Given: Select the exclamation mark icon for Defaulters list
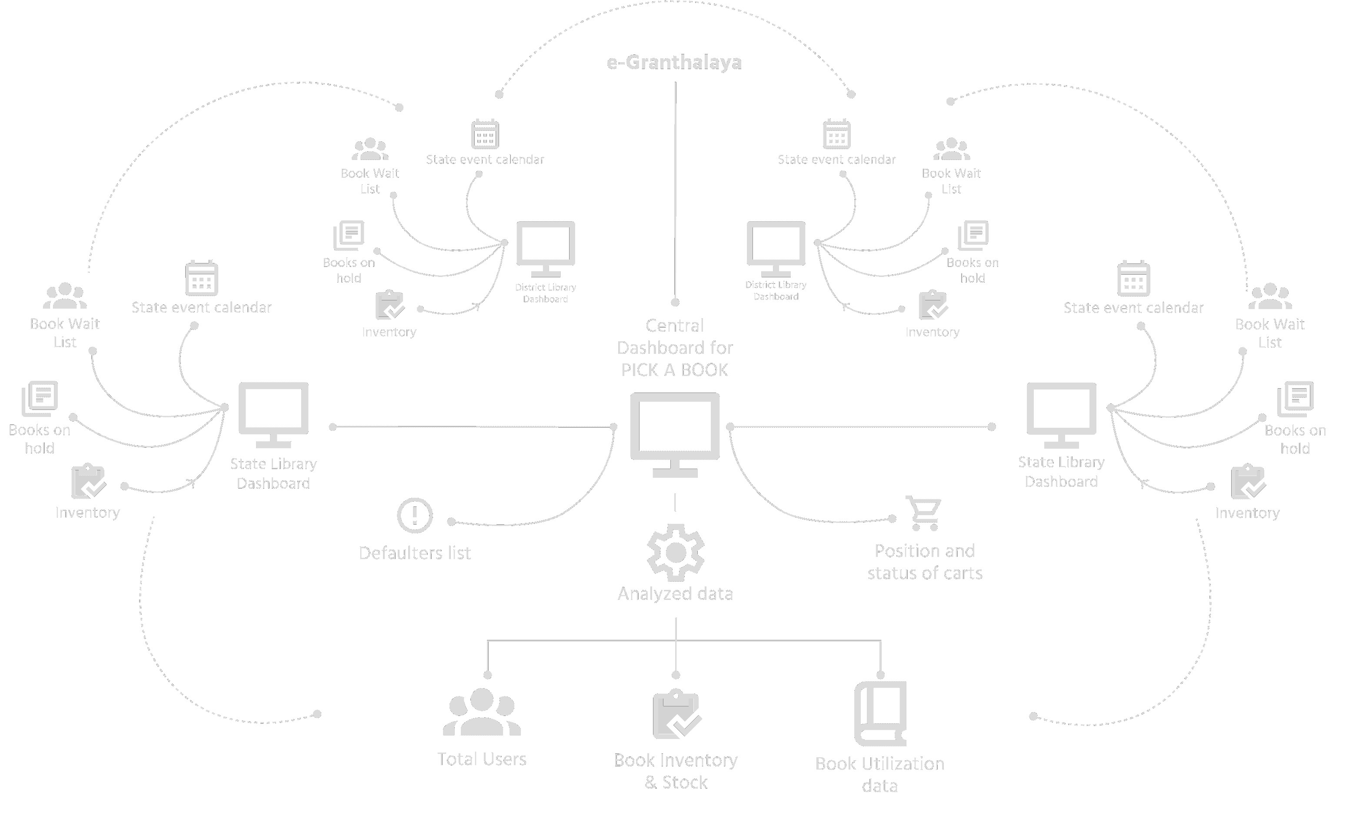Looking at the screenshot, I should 414,515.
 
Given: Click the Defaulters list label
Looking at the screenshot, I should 414,553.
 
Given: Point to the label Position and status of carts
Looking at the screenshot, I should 925,562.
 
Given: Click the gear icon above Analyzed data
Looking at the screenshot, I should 676,553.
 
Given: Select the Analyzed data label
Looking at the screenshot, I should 675,593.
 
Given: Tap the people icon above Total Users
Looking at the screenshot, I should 482,712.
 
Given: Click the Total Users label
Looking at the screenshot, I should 482,759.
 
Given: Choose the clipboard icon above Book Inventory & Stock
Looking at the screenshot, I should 677,714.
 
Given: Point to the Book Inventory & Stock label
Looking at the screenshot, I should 676,771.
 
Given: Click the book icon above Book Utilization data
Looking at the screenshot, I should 880,713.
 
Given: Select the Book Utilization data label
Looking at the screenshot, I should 880,774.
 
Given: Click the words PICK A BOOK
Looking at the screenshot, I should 675,370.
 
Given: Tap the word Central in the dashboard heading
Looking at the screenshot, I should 675,326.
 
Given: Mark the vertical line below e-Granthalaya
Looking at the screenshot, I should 675,192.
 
